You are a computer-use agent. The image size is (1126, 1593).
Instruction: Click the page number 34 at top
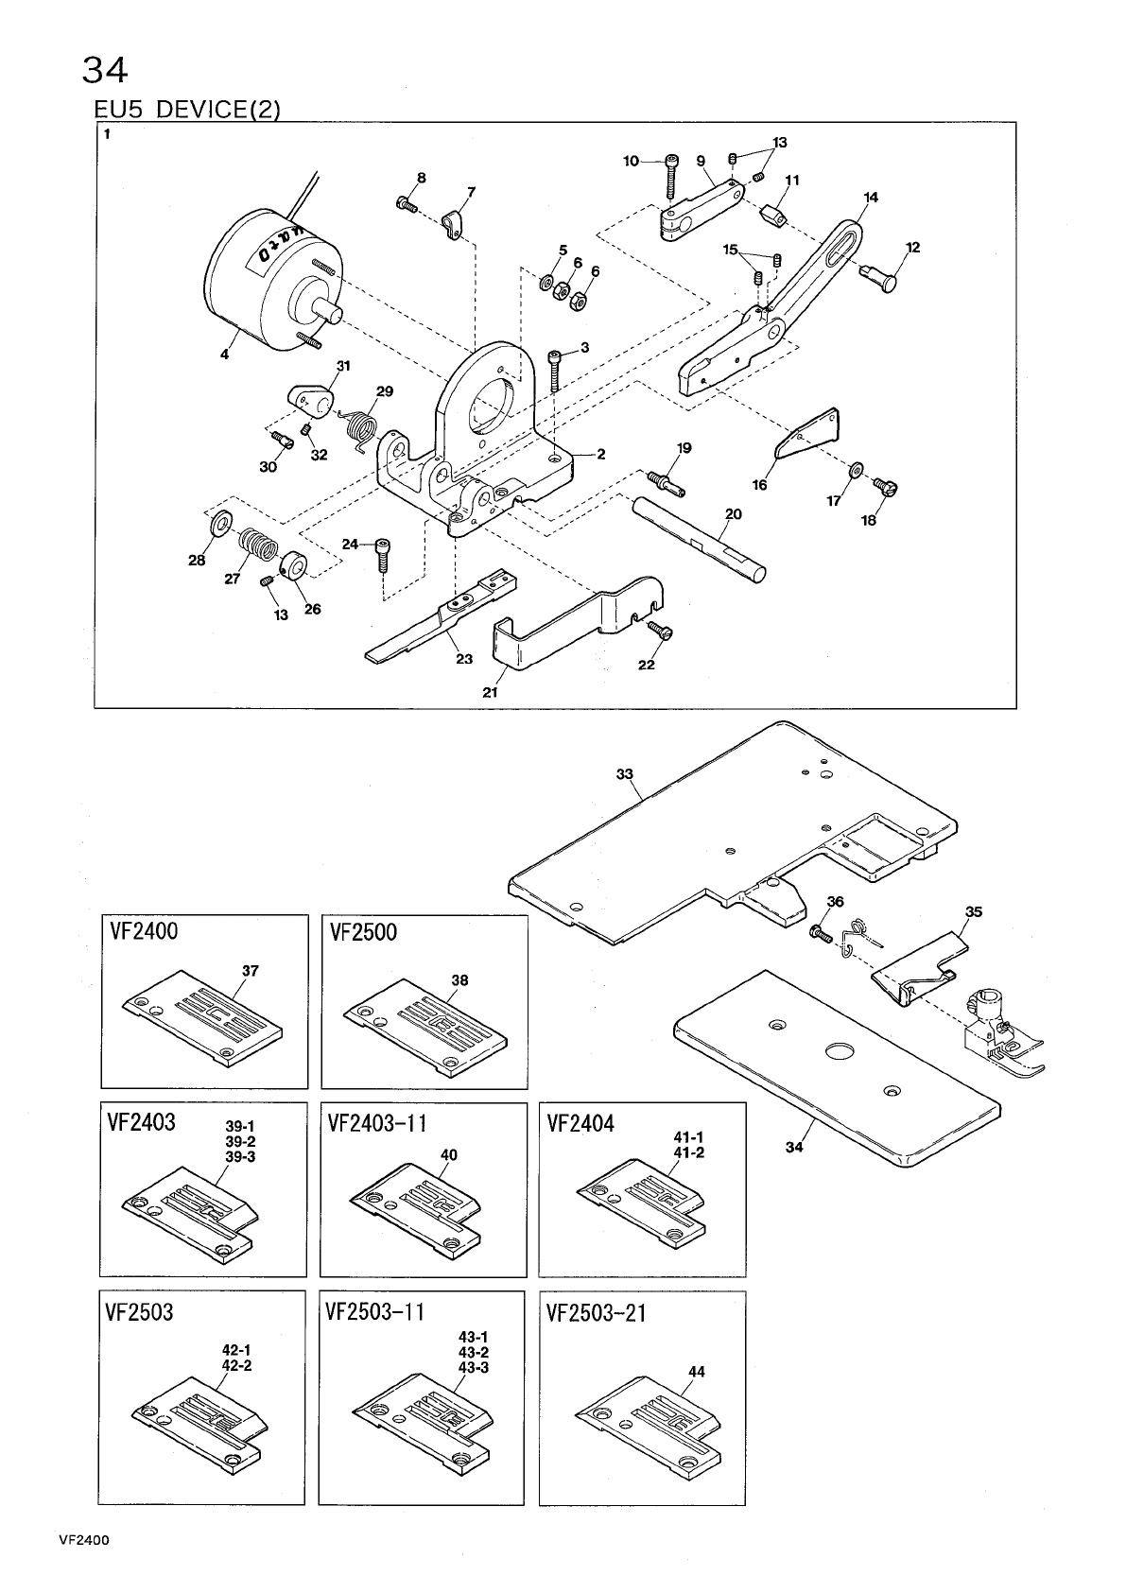coord(105,69)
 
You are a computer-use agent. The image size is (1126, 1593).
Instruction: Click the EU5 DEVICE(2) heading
coord(187,110)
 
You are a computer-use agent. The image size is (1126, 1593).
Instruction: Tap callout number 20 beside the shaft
coord(733,514)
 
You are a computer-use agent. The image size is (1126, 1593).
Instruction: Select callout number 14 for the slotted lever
coord(871,197)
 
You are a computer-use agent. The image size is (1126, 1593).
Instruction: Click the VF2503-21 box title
coord(596,1314)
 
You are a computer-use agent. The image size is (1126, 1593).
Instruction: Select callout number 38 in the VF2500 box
coord(459,980)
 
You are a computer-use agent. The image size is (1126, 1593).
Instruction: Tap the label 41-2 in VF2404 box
coord(688,1152)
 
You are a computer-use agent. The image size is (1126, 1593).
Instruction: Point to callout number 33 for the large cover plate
coord(624,774)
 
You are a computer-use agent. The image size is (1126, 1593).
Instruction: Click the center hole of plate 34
coord(838,1052)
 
